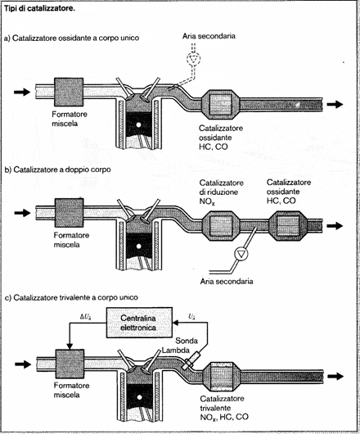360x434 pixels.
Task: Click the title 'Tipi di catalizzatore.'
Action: point(39,8)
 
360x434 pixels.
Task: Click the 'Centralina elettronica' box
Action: point(139,323)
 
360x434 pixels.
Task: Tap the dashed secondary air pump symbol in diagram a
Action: point(194,58)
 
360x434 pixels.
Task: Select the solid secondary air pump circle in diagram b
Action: point(241,254)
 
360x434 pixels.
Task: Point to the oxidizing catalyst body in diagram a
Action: point(220,105)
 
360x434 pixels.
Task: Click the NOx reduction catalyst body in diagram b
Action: point(221,225)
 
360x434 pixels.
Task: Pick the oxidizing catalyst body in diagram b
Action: point(288,225)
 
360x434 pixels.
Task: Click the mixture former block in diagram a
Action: point(68,92)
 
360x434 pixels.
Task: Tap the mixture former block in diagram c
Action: point(70,364)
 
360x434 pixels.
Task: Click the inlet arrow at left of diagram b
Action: point(22,213)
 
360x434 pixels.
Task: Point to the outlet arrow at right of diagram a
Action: point(335,104)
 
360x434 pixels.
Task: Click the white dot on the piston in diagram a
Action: point(139,124)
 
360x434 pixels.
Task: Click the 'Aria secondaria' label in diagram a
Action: point(209,36)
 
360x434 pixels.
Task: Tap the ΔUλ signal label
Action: point(86,317)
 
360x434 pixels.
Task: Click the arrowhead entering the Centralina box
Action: point(176,323)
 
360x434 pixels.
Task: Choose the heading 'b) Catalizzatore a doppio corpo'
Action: point(58,170)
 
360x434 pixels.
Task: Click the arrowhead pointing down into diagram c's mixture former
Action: point(70,346)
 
